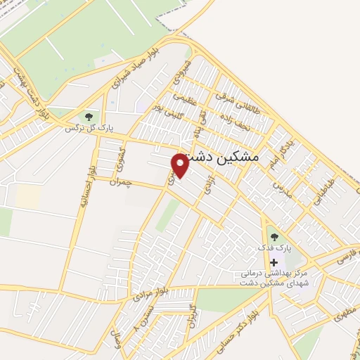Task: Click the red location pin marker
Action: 181,165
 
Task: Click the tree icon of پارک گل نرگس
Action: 89,116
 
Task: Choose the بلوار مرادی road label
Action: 153,285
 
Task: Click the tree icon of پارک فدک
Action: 274,237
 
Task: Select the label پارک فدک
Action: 278,249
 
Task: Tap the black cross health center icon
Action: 274,262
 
